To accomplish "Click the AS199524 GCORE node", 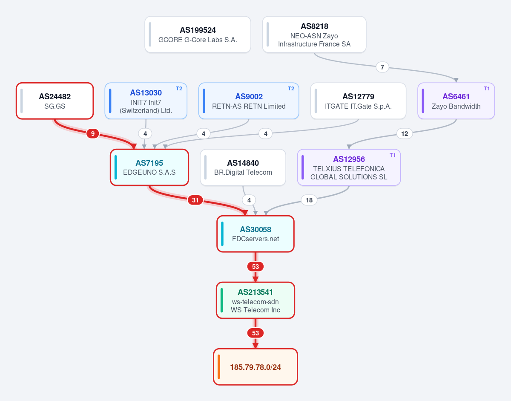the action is [198, 35].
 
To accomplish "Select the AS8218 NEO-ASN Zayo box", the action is [314, 35].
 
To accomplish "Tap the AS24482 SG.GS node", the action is [55, 101].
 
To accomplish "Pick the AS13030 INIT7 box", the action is [146, 101].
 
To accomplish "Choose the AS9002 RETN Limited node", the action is [249, 101].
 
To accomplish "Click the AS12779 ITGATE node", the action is [358, 101].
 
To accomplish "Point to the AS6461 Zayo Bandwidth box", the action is [456, 101].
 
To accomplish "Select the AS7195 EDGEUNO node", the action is [149, 167].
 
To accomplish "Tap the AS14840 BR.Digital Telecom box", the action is [243, 167].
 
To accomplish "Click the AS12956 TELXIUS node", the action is [349, 167].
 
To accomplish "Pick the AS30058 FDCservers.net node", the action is [255, 234].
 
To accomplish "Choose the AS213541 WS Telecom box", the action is [255, 300].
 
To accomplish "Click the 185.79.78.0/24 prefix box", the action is [255, 367].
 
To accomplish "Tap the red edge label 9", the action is [93, 134].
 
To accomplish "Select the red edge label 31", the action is [195, 200].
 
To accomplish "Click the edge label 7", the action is [382, 67].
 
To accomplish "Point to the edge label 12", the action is [405, 134].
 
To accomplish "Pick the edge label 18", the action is [309, 200].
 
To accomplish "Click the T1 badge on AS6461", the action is [487, 89].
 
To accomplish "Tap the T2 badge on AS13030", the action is [179, 89].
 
